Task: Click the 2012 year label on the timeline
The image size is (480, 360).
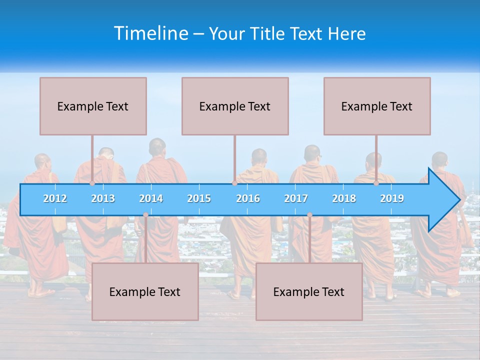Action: click(55, 198)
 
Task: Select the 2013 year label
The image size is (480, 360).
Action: click(103, 198)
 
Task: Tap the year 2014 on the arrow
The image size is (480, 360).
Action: click(151, 198)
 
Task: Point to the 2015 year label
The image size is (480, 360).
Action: click(199, 198)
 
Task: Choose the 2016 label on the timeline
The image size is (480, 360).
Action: click(248, 198)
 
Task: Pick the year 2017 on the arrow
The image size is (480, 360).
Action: click(296, 198)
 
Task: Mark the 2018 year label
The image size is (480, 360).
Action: click(344, 198)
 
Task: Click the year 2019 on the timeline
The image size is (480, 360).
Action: click(392, 198)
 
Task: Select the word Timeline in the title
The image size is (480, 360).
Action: click(150, 33)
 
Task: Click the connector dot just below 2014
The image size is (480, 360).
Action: click(145, 215)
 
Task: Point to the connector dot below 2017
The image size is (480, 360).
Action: click(309, 215)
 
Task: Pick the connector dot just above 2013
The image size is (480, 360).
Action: click(92, 183)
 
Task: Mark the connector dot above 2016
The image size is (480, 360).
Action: click(234, 183)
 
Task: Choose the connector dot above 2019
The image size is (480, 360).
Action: click(376, 183)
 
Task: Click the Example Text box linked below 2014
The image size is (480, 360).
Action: click(145, 291)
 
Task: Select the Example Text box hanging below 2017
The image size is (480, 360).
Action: click(309, 291)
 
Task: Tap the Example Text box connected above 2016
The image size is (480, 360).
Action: click(235, 106)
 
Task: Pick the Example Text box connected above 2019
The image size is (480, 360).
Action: click(377, 106)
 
